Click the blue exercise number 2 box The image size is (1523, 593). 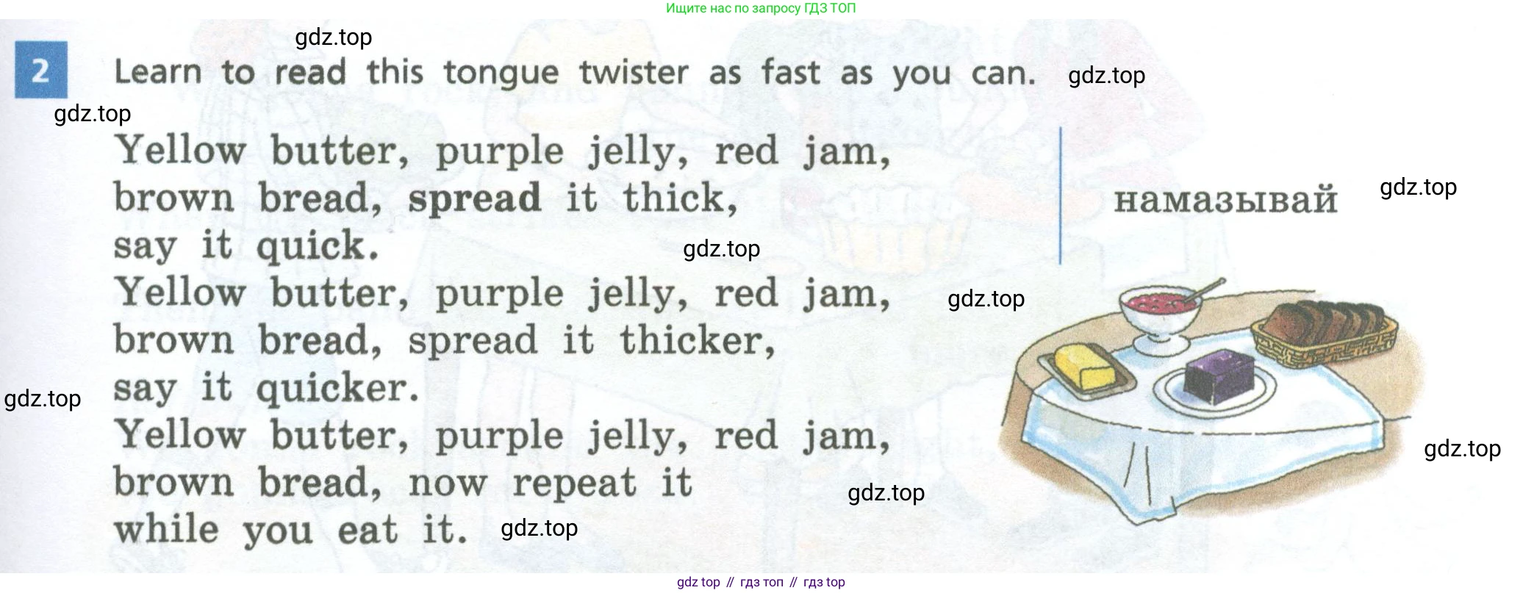[41, 70]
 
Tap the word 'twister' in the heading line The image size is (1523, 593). [634, 72]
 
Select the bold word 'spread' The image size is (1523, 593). [474, 199]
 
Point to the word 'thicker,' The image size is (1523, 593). [698, 339]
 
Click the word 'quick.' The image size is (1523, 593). [318, 246]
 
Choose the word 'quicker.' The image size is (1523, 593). [337, 389]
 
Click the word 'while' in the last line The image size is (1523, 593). [166, 528]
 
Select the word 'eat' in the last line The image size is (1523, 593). [368, 530]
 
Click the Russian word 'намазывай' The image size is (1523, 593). [1225, 200]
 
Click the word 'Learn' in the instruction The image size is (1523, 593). [158, 72]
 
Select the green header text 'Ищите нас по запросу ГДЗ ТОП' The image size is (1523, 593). [761, 8]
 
